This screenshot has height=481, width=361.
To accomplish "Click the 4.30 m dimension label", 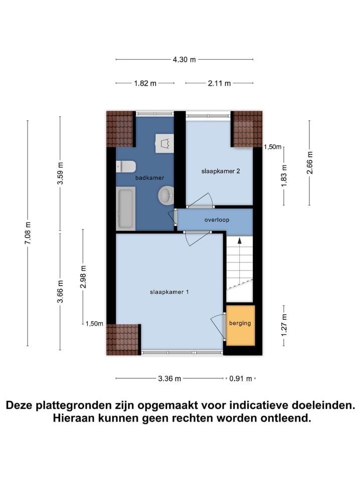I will [184, 60].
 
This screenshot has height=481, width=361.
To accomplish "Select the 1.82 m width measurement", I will [145, 84].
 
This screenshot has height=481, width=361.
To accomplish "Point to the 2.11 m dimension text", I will [219, 84].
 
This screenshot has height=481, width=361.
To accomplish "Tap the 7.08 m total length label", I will [28, 233].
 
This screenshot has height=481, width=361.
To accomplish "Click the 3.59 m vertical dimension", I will [60, 174].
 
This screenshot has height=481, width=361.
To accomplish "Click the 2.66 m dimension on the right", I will [309, 162].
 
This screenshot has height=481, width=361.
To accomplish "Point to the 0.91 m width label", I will [240, 379].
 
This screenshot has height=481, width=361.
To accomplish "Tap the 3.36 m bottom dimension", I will [169, 379].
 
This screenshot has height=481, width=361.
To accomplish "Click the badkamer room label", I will [149, 178].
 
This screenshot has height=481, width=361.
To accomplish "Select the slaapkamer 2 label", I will [221, 171].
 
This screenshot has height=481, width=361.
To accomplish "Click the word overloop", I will [217, 220].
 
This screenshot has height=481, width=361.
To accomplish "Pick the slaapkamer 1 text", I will [169, 292].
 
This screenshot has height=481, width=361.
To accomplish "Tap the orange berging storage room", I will [240, 325].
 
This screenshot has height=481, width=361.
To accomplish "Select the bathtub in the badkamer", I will [125, 208].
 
